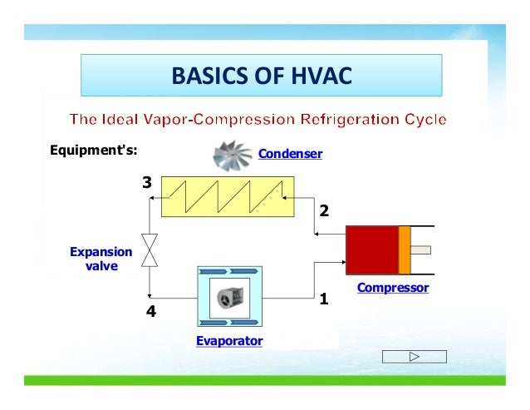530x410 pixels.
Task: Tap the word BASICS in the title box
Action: [x=208, y=77]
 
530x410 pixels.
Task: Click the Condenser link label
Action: [x=290, y=154]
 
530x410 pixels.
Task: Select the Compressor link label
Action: [x=393, y=288]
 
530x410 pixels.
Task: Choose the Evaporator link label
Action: [x=229, y=341]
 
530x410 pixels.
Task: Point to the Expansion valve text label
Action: [x=101, y=259]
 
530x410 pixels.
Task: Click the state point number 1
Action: [x=325, y=297]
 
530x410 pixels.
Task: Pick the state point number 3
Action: [x=146, y=182]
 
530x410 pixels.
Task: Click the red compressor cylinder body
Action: [x=372, y=249]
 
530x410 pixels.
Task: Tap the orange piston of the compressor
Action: [x=405, y=249]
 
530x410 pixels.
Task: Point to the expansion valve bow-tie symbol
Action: [x=150, y=249]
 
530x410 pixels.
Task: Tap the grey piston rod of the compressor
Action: [x=421, y=249]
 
